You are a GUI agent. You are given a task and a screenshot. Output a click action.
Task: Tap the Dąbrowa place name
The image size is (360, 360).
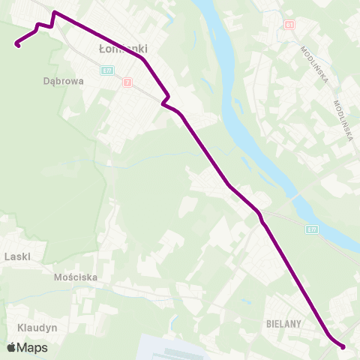(63, 82)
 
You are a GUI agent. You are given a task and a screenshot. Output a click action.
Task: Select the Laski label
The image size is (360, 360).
(16, 256)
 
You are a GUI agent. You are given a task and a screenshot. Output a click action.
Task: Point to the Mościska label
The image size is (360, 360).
(76, 277)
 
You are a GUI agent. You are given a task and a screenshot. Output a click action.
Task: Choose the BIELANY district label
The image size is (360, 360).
(283, 324)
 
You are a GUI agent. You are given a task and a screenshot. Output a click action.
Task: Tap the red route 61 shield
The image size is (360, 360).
(289, 25)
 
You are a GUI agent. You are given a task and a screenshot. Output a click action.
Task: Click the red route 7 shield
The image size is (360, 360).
(128, 82)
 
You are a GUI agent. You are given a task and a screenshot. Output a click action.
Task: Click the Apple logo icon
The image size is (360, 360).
(11, 347)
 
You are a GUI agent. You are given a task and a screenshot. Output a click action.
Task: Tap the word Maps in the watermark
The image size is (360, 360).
(32, 347)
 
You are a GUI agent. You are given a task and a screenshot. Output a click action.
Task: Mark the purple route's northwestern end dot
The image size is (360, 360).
(16, 45)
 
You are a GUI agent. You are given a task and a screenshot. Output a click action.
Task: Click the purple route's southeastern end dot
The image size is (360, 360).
(343, 346)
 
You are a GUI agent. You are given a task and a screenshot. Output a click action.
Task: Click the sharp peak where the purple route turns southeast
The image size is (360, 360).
(54, 13)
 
